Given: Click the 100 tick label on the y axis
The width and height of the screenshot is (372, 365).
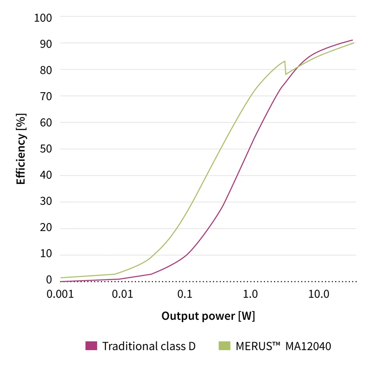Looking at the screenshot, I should pos(43,18).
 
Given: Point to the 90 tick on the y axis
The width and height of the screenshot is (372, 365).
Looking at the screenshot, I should pos(46,43).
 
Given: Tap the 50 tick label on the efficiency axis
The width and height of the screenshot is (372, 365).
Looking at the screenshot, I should pos(46,149).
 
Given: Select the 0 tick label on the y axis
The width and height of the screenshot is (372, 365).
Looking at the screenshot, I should pos(49,279).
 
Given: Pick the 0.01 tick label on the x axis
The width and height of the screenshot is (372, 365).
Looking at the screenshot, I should pos(124,294).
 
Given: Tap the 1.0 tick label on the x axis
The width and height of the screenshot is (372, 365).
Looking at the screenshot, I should pos(251,294).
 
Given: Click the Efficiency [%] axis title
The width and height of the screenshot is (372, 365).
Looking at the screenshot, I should pos(21,148).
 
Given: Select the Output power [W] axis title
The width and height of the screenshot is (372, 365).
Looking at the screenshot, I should pos(208,316).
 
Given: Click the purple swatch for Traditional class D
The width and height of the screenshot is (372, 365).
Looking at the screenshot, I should pos(91,346).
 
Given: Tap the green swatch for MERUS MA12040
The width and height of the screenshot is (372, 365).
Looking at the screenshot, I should pos(224,346).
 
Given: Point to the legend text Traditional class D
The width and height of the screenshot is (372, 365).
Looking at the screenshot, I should pos(149,346).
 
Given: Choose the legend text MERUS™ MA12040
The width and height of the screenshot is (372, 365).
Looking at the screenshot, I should pos(283,346).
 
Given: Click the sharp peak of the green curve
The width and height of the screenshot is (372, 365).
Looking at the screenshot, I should pos(285,61).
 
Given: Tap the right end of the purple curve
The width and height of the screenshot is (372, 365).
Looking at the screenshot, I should pos(352,40).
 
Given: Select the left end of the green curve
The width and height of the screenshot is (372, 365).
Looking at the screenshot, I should pos(61,277).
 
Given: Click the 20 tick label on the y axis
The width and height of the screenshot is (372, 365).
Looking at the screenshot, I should pos(46,229).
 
